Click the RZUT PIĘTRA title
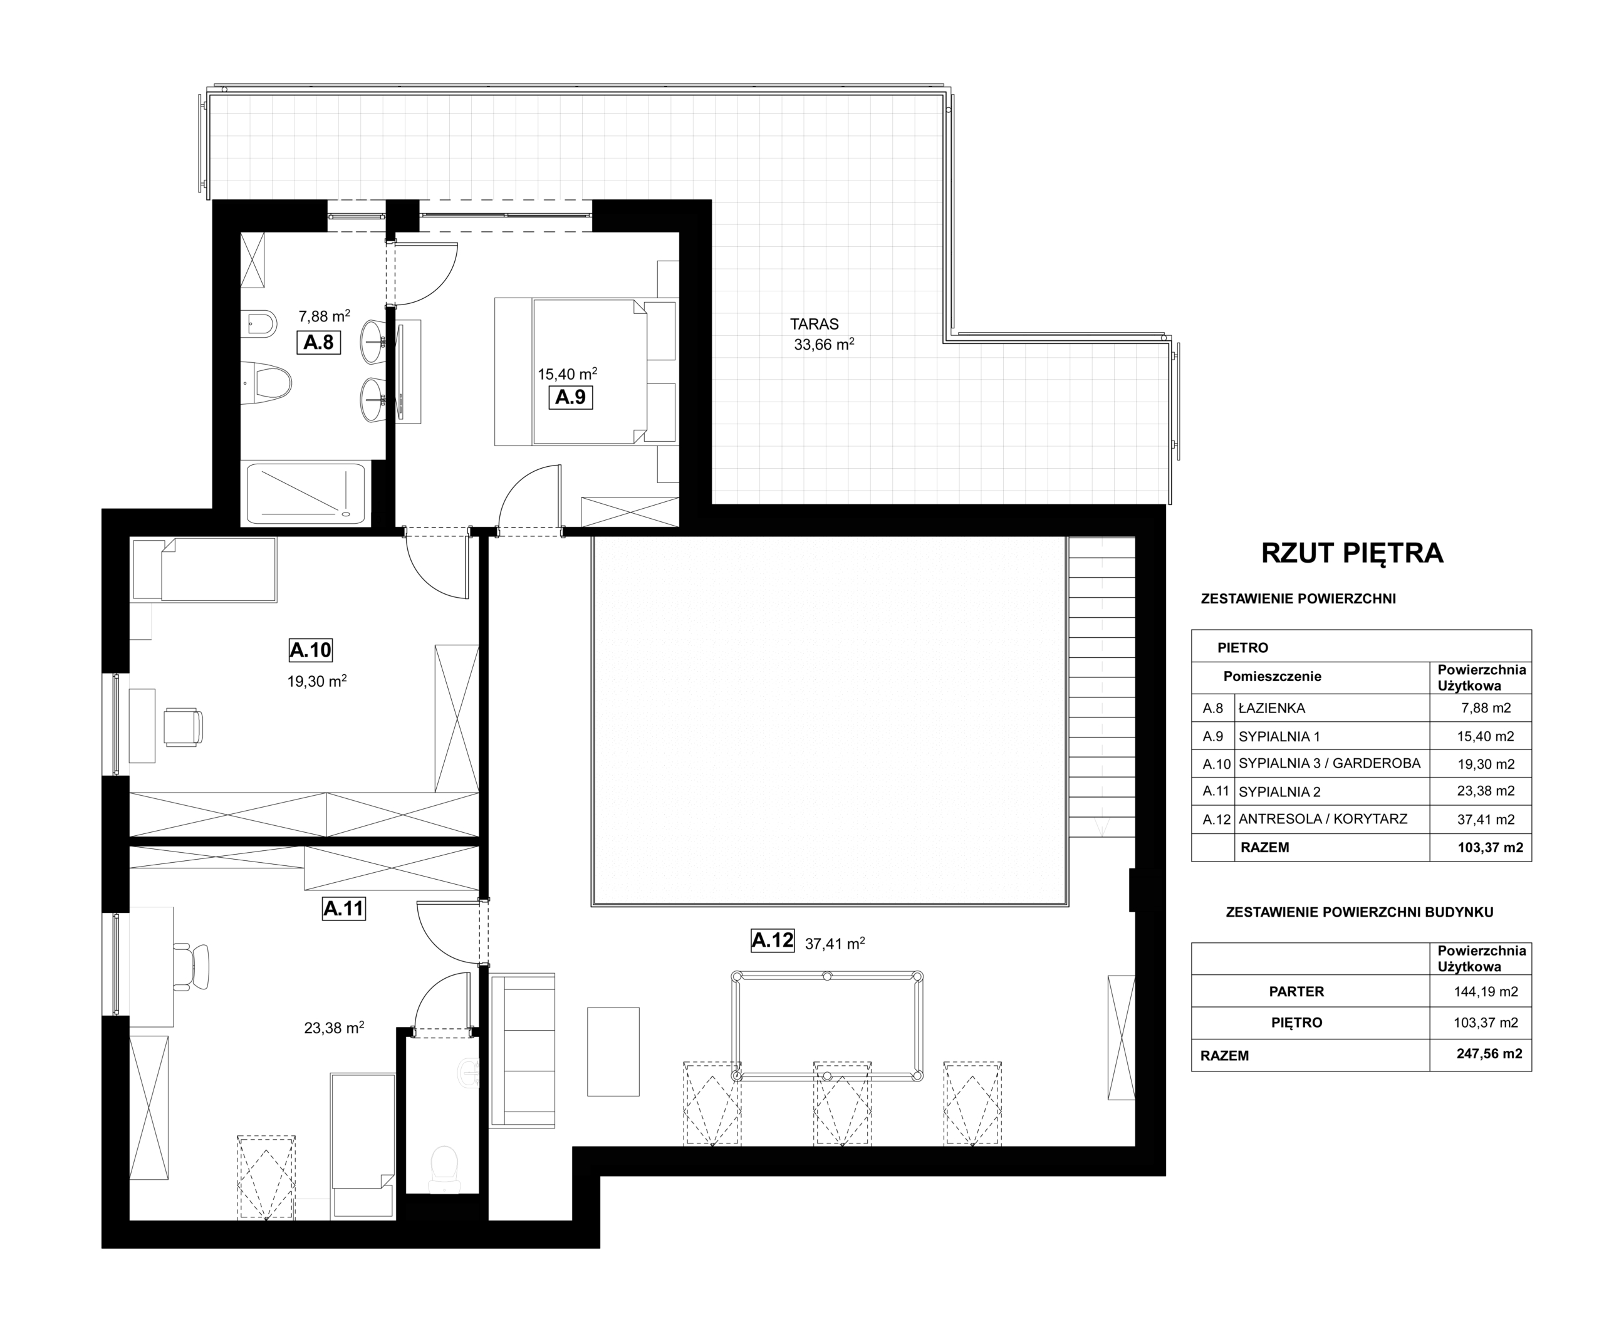(1352, 553)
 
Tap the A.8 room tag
(318, 342)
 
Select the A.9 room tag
(571, 397)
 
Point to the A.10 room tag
(311, 650)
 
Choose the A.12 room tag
(773, 940)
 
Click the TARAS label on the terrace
(815, 325)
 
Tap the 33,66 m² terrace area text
(824, 345)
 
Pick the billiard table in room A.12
(827, 1026)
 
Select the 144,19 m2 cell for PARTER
(1486, 991)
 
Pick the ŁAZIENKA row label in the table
(1272, 708)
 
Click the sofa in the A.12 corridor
(523, 1050)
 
